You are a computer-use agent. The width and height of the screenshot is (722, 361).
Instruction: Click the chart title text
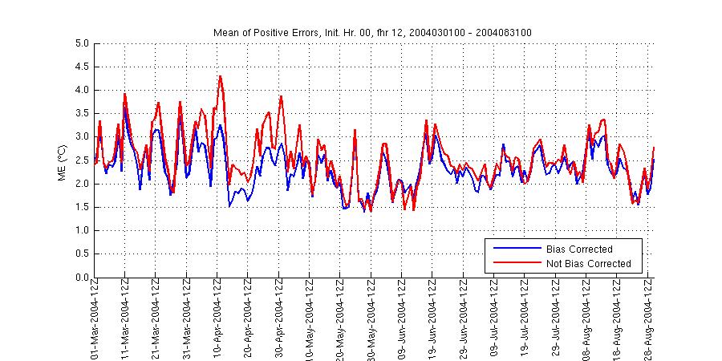372,32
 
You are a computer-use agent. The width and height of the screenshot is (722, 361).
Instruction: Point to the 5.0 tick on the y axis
82,43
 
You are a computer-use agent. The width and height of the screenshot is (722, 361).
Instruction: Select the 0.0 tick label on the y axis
82,278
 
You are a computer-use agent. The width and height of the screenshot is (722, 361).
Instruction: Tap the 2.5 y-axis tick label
82,160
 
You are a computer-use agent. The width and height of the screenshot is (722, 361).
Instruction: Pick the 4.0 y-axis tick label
82,90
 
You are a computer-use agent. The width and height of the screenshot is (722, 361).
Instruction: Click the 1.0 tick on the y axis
82,231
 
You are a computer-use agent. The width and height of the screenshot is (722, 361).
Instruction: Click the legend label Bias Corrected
578,249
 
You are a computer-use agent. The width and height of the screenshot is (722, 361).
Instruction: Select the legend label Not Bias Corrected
588,263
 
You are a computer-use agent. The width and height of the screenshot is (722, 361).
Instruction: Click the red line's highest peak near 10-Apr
220,76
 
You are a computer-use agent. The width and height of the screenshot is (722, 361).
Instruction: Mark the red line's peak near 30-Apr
281,96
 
